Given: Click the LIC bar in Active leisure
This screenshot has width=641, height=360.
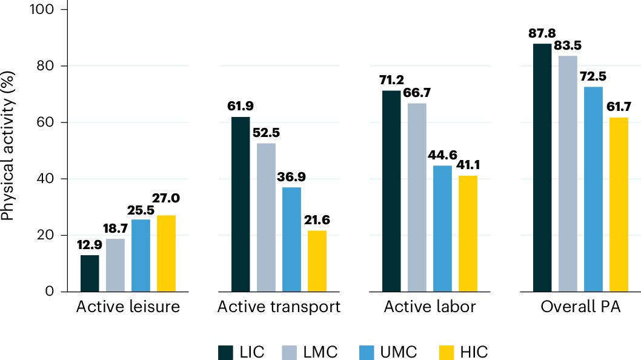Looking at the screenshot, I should [90, 273].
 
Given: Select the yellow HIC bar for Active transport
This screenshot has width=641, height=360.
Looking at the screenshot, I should [317, 261].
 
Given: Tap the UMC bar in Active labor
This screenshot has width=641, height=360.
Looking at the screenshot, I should [442, 228].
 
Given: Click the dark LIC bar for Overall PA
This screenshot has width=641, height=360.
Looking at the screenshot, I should [542, 167].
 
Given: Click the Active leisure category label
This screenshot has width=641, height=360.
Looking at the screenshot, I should [128, 307].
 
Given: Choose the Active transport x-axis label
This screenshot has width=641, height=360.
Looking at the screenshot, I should [279, 307].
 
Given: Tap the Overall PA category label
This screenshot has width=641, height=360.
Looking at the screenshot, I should [580, 307].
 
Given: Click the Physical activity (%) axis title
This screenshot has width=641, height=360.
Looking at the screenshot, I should [8, 152].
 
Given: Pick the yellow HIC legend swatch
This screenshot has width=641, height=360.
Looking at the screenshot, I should [445, 352].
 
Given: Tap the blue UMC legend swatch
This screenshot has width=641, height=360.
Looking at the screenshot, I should [367, 352].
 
